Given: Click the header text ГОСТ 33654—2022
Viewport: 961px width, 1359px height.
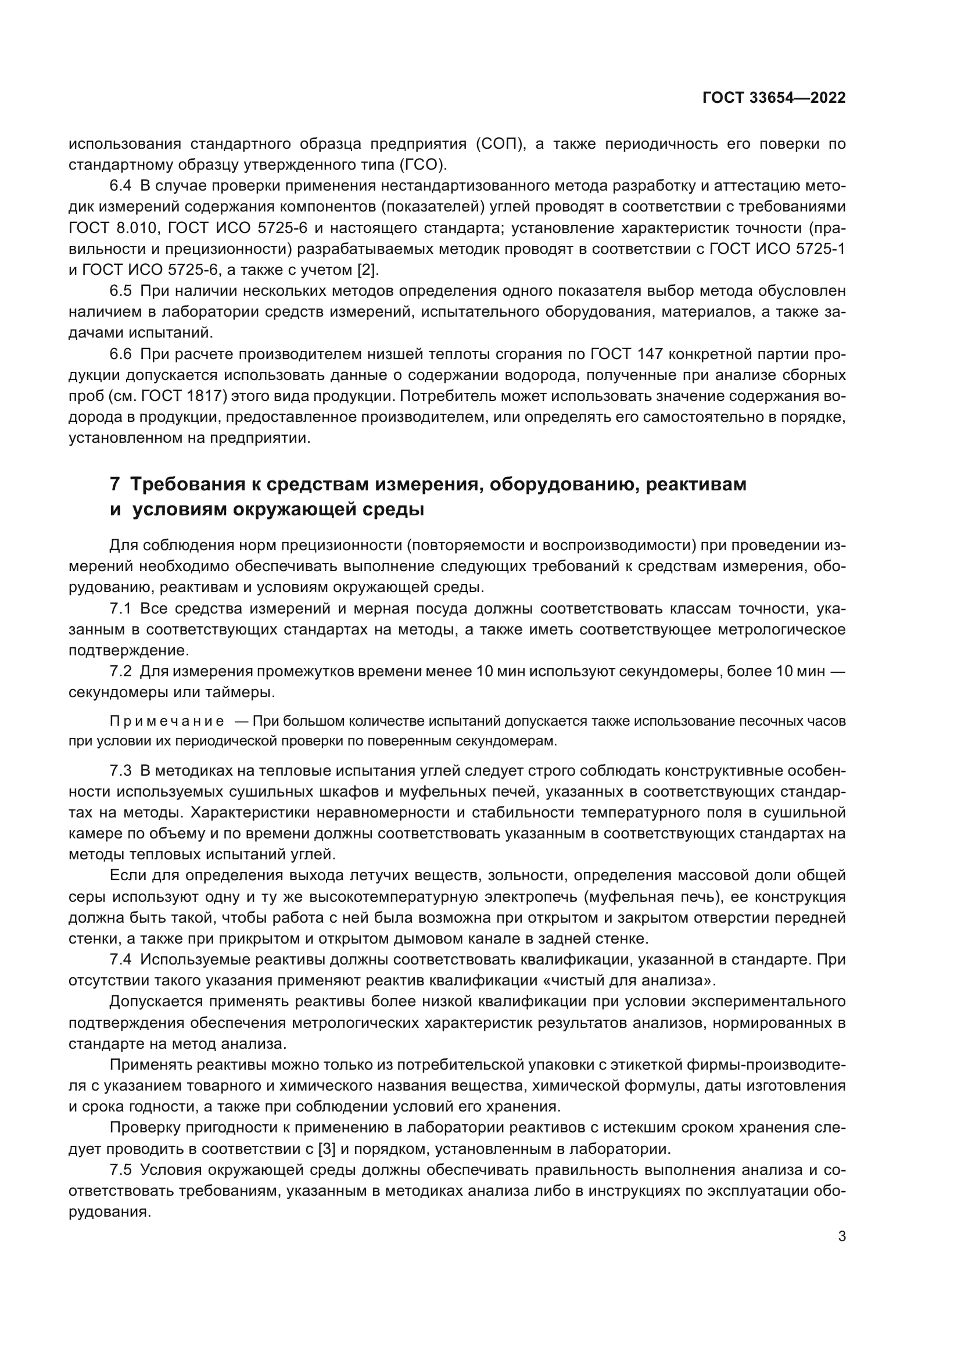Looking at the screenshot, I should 773,98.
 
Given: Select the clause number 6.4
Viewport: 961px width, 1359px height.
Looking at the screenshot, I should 120,186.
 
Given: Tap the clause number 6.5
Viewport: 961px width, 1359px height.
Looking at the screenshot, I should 120,291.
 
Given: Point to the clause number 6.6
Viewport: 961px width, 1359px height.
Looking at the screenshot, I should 120,354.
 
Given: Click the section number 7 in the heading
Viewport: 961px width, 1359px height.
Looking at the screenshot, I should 115,484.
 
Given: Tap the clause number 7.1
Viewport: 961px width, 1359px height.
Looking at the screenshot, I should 120,608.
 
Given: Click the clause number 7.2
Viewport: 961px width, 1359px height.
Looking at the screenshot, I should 120,671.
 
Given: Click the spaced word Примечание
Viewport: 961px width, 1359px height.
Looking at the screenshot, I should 167,722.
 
